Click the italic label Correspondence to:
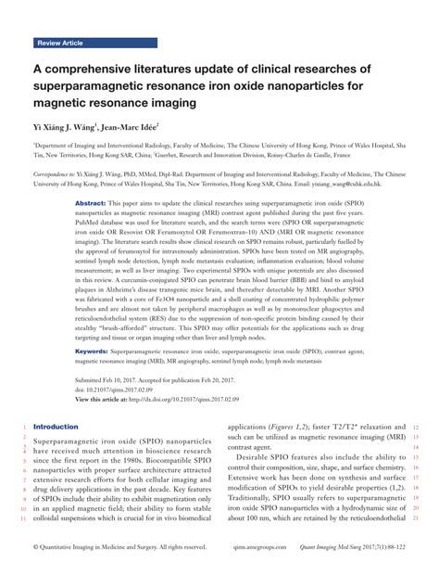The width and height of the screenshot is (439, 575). pos(57,173)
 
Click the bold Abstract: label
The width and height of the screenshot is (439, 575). pos(89,202)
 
